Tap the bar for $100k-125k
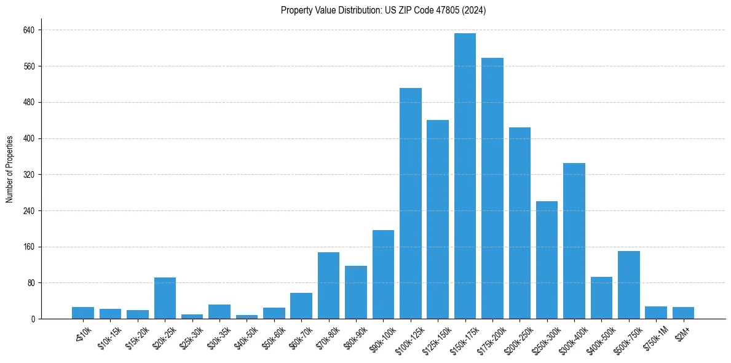[411, 204]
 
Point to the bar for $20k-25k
[165, 298]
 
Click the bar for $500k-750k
[629, 285]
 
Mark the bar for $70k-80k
[328, 285]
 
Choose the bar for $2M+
[683, 313]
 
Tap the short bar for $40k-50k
[247, 317]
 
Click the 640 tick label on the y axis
[29, 30]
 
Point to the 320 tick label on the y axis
[29, 175]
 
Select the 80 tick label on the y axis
[31, 283]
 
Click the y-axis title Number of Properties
[10, 169]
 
